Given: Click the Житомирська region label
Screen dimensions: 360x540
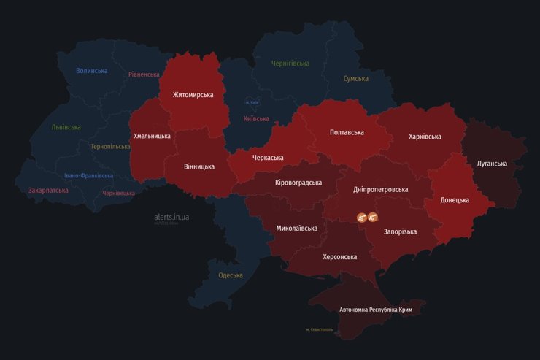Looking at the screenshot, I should [x=193, y=95].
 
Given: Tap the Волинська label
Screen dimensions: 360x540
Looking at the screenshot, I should [x=91, y=71].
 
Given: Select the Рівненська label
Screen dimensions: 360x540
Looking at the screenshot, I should [x=144, y=74].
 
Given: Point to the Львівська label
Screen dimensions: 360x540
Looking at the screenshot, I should [x=66, y=127].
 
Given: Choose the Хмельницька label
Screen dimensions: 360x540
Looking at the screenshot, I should [x=152, y=136].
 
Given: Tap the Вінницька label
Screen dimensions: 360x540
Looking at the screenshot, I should [x=198, y=166].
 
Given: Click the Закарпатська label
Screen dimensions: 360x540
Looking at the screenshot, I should [x=48, y=191].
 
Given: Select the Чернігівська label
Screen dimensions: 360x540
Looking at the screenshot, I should [x=290, y=64].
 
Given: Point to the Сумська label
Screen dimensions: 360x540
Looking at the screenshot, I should [x=355, y=78].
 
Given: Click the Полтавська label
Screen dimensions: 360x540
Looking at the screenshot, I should [x=347, y=132].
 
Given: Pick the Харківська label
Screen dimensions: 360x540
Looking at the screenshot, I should [x=425, y=137].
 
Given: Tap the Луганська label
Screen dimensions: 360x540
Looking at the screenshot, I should [x=492, y=164].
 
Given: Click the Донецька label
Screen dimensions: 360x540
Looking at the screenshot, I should [x=455, y=200].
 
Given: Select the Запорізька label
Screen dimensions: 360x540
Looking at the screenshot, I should [x=401, y=231].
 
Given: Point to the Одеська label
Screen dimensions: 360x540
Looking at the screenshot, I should [x=231, y=275].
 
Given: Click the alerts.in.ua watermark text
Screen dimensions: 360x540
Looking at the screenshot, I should [x=171, y=217].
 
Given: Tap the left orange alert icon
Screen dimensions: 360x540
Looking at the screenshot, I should [x=361, y=218].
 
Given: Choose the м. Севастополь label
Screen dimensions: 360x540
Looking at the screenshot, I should [x=319, y=329].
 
